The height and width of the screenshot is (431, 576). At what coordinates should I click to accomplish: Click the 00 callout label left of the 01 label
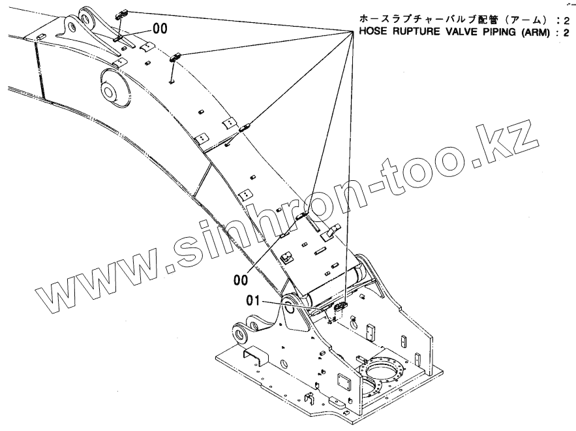point(241,279)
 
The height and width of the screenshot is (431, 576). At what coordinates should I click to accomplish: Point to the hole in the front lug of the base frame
point(240,334)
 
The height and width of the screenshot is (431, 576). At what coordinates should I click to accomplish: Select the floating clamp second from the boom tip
point(175,57)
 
